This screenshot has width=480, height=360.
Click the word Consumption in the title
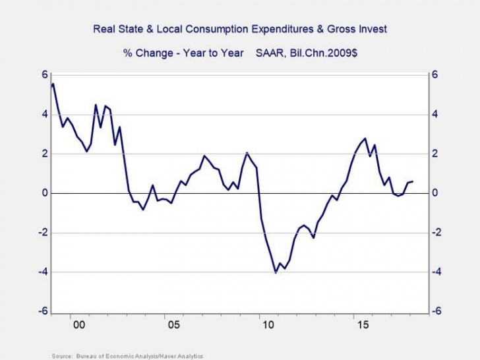point(228,29)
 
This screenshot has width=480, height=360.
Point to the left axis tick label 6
point(45,75)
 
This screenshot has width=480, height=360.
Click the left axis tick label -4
point(43,272)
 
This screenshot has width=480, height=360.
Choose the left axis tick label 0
point(45,193)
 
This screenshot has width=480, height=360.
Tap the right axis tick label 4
point(435,114)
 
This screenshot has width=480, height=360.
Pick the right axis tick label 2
point(435,154)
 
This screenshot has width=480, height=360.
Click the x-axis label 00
point(79,325)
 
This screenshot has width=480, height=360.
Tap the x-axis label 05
point(173,325)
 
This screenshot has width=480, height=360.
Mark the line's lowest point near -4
point(276,272)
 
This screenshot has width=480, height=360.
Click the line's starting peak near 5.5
point(53,84)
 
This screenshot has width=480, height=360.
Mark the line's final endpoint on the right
point(413,181)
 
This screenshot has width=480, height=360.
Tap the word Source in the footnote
point(61,356)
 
